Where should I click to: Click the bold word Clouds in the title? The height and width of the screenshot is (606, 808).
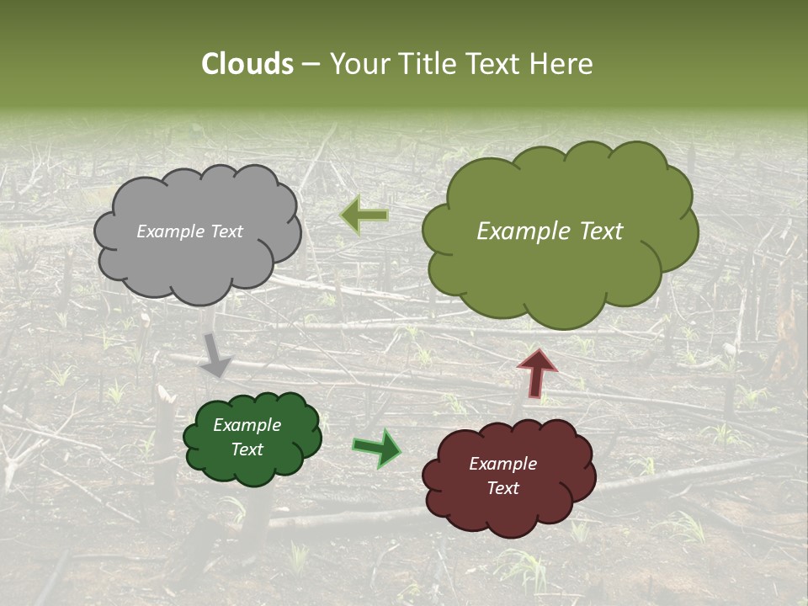tap(247, 64)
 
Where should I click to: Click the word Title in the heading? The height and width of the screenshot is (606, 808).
tap(428, 64)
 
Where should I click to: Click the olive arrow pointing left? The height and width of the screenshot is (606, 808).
tap(364, 215)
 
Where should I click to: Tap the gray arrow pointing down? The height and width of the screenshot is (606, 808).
tap(215, 354)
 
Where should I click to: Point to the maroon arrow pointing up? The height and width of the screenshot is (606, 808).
tap(537, 373)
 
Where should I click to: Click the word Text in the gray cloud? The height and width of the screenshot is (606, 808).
tap(226, 231)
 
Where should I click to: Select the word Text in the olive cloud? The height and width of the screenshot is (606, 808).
tap(601, 231)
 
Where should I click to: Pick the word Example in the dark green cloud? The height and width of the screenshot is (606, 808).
tap(247, 425)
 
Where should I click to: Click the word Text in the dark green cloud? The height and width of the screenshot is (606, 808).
tap(247, 449)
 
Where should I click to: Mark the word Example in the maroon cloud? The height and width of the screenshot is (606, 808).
tap(502, 464)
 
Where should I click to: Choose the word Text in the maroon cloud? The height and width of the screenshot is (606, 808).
tap(502, 488)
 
